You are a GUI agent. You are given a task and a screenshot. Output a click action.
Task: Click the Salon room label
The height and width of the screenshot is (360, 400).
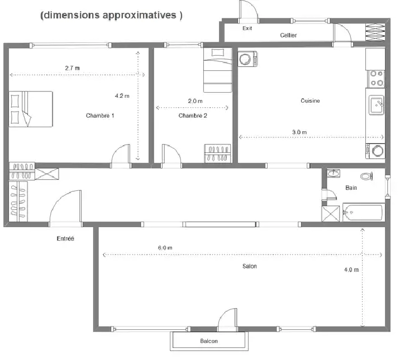250,266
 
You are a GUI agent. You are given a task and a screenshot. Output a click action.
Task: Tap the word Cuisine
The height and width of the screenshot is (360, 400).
310,100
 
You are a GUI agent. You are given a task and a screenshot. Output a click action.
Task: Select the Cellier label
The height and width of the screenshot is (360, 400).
288,35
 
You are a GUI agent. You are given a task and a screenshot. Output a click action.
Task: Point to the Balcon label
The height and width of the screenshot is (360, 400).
209,341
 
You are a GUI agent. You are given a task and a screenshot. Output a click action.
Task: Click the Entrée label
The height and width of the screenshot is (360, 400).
65,238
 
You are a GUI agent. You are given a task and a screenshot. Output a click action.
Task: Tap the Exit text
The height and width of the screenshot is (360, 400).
247,28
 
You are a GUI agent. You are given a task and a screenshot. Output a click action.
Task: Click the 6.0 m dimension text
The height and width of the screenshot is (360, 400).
165,248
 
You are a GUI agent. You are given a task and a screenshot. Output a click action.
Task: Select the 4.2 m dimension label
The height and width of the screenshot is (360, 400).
122,96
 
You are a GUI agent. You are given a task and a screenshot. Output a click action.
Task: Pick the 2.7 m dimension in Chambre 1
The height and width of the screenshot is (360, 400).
72,68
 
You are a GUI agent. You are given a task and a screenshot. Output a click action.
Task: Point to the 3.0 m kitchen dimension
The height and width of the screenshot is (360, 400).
299,132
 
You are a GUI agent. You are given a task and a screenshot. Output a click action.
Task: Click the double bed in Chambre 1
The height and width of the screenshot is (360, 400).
31,109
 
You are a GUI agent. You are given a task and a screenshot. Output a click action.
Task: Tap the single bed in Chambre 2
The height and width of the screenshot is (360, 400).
218,70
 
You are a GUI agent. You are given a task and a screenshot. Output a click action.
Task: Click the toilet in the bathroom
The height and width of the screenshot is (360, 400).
366,176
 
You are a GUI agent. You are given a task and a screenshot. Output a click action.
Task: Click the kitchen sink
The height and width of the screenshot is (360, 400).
376,105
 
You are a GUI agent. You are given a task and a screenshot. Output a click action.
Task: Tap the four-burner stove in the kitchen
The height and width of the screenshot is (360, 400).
377,79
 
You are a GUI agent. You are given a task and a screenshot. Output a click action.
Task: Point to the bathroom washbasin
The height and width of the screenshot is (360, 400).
334,173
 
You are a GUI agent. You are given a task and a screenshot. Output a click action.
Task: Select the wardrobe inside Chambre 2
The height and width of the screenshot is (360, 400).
217,153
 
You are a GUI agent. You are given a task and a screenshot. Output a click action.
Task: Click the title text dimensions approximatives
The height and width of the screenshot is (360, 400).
112,15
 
